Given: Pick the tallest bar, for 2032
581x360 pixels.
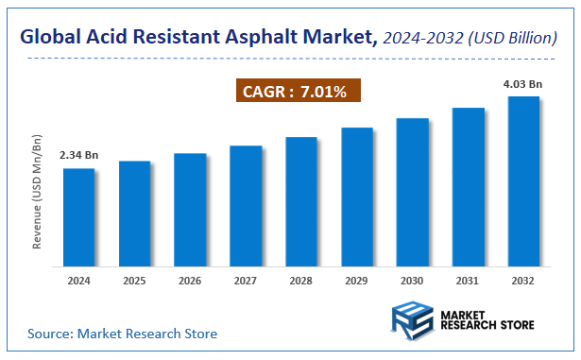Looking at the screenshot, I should pos(523,180).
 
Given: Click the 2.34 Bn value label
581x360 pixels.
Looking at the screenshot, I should pos(78,154).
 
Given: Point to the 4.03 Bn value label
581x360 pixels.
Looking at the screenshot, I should pos(522,83).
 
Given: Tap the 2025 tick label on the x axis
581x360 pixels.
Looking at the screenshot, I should pos(134,281).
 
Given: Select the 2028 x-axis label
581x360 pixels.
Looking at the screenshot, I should pos(301,281).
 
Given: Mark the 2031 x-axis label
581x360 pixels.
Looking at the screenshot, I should pos(468,281).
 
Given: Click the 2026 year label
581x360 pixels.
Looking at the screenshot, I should pos(190,281).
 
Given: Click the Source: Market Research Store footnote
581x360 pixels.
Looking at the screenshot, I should pos(122,334).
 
